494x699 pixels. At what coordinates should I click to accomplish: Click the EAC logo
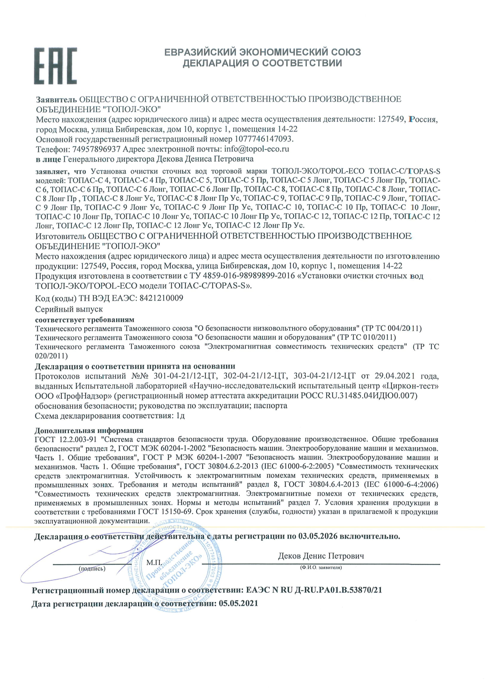pos(55,65)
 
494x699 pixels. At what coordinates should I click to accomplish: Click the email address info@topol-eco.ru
pos(257,149)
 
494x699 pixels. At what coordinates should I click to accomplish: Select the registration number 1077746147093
pos(263,139)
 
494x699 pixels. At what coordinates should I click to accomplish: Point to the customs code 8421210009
pos(161,298)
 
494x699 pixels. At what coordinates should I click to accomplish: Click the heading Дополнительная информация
pos(88,430)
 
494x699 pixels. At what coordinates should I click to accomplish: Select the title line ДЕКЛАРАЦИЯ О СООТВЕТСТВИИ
pos(262,63)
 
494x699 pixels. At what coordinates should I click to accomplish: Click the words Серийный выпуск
pos(69,309)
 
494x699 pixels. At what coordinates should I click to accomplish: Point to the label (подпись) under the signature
pos(92,568)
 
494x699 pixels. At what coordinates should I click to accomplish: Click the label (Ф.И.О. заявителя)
pos(320,567)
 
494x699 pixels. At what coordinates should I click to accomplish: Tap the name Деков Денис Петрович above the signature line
pos(321,556)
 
